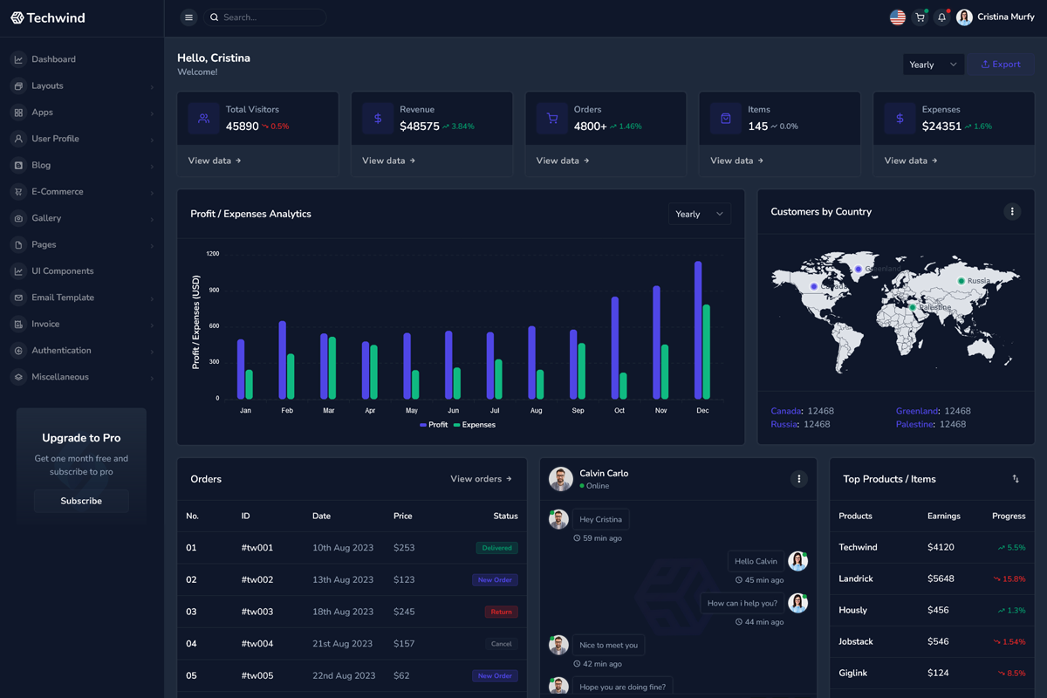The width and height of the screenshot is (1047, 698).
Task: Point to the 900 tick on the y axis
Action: (213, 290)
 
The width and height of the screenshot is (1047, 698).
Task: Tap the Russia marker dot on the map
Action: (961, 281)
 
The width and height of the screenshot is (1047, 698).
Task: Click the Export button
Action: (1001, 65)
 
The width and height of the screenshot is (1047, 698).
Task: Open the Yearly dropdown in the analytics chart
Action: (699, 214)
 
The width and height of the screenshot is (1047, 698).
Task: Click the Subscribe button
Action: (81, 501)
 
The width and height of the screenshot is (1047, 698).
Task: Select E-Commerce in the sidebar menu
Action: (58, 192)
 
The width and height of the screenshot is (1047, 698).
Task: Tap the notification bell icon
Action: (941, 17)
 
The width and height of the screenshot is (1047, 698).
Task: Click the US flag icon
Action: (897, 17)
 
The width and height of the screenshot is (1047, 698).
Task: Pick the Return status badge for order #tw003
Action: (501, 612)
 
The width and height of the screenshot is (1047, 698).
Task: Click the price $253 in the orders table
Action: (404, 548)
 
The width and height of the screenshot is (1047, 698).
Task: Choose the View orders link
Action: (481, 479)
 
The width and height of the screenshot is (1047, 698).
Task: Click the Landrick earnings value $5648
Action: (941, 578)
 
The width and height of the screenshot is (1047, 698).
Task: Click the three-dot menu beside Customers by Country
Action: (1012, 211)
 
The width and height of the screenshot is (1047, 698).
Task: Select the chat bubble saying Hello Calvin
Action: (756, 561)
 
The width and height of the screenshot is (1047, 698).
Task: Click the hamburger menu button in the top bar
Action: (188, 17)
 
